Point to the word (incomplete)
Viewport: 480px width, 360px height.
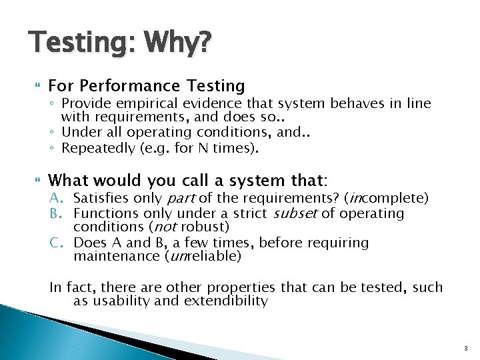click(387, 199)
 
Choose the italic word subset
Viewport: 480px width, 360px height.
click(299, 213)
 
